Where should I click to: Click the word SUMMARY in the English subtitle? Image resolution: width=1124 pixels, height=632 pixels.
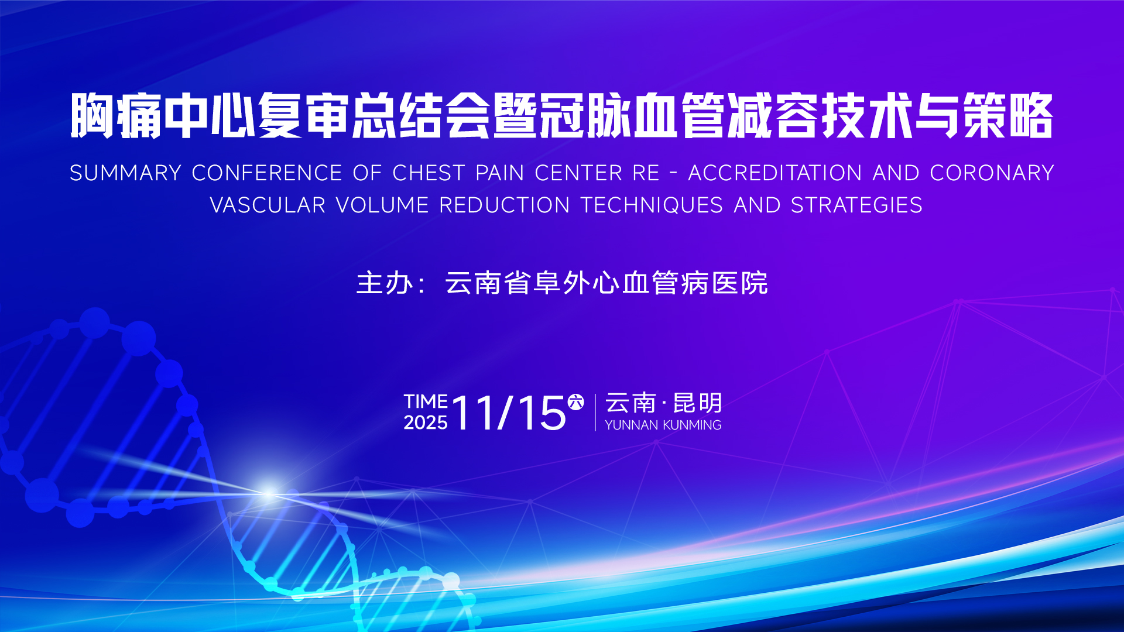pos(126,173)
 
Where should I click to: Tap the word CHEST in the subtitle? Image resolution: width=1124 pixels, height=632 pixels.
pos(429,173)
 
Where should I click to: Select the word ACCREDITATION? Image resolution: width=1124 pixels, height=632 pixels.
pos(775,173)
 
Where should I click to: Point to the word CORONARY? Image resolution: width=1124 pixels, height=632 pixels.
pos(992,173)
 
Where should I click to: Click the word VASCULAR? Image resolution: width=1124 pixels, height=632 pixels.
pos(268,205)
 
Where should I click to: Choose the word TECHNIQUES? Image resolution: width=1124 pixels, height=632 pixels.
pos(652,205)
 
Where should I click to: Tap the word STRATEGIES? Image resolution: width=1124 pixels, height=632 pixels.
pos(856,205)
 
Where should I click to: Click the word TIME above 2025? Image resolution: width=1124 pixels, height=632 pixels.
pos(426,401)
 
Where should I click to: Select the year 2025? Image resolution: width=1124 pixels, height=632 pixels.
pos(426,423)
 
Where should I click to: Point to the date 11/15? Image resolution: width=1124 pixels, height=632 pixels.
pos(509,413)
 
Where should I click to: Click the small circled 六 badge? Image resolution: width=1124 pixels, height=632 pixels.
pos(576,402)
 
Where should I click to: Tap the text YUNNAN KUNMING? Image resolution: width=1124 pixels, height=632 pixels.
pos(663,425)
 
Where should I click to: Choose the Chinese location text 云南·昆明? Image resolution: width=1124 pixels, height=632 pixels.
pos(663,403)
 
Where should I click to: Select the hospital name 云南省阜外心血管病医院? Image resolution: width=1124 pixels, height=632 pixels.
pos(606,283)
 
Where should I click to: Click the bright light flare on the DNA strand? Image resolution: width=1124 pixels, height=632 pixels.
pos(269,492)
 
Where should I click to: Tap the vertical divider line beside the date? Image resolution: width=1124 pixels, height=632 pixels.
pos(595,413)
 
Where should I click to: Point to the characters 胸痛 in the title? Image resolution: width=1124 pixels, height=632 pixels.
pos(116,116)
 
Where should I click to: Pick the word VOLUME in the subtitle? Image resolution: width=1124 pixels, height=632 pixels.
pos(382,205)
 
